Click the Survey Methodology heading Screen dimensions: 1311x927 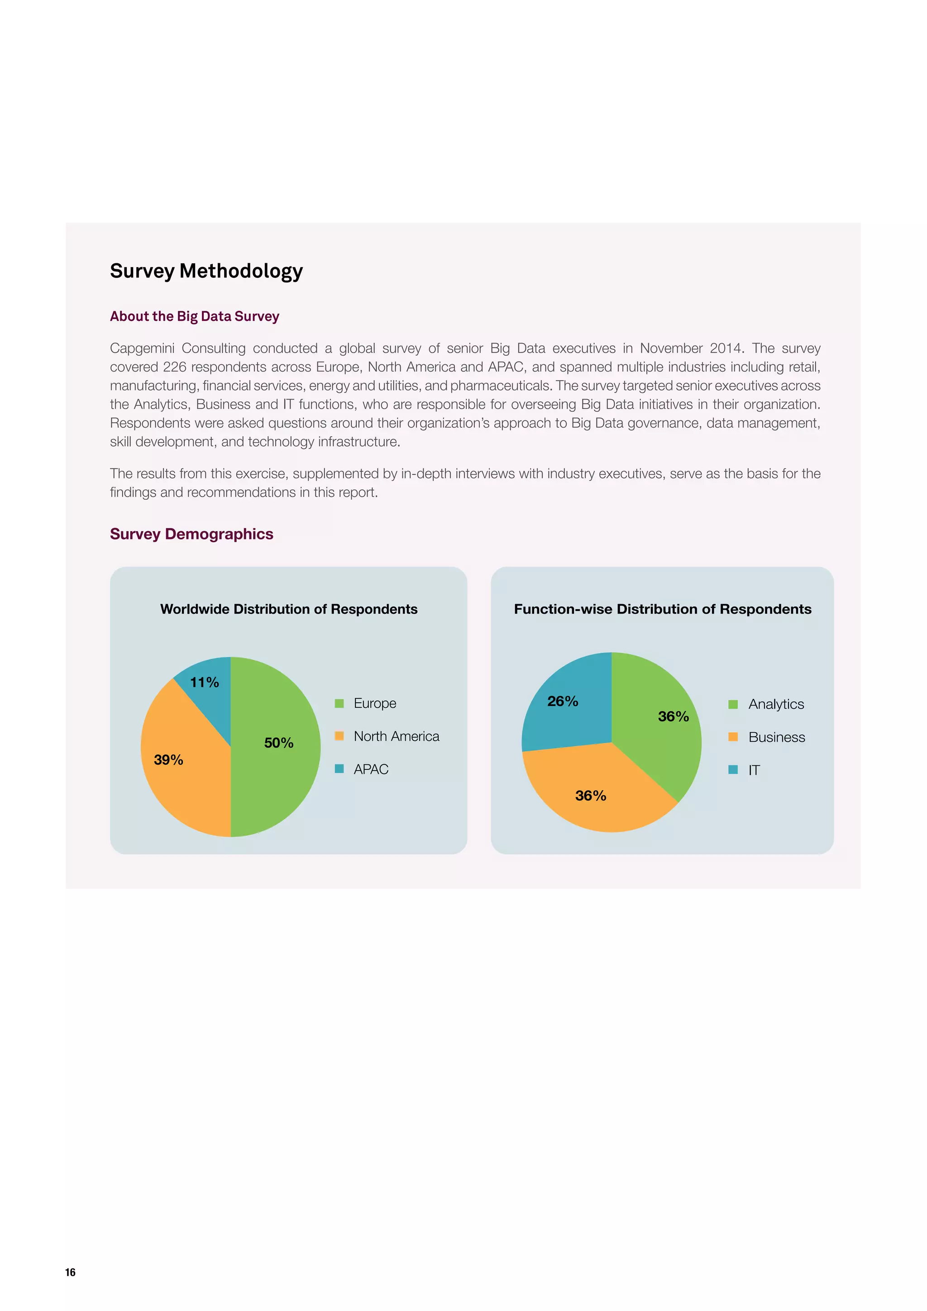point(206,271)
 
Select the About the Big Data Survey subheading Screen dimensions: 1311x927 point(194,316)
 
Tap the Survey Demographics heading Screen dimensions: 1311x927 point(191,534)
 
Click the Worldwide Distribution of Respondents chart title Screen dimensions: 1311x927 point(288,609)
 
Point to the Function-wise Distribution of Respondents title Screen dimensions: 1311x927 point(662,609)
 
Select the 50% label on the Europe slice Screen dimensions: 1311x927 point(279,743)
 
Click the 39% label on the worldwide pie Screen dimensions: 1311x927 point(168,760)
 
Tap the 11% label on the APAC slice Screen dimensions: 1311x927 point(205,682)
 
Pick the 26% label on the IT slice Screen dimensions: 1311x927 point(563,701)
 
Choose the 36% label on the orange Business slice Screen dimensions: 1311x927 point(591,796)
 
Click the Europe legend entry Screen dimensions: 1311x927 point(374,703)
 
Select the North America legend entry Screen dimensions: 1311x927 point(396,737)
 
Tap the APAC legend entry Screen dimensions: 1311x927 point(371,770)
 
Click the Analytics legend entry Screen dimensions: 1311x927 point(776,705)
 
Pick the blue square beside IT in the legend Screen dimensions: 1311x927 point(733,770)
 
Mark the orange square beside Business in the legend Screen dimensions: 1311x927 point(733,737)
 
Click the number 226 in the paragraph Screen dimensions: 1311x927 point(175,367)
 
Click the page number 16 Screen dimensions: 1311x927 point(70,1272)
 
